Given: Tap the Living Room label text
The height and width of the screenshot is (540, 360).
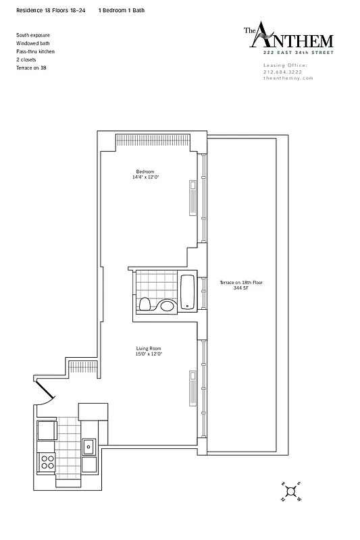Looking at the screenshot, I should pyautogui.click(x=148, y=349).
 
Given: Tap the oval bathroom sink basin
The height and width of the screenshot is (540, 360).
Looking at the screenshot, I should pyautogui.click(x=167, y=306).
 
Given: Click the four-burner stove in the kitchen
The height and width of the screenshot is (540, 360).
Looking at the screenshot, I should pyautogui.click(x=48, y=462).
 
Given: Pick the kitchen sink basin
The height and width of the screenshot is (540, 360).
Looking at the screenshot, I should pyautogui.click(x=88, y=447).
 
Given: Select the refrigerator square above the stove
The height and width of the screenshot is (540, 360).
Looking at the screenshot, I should pyautogui.click(x=47, y=429).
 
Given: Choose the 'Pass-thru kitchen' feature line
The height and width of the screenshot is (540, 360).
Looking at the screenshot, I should pyautogui.click(x=36, y=51).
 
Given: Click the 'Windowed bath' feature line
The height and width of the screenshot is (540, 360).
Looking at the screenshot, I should pyautogui.click(x=32, y=43).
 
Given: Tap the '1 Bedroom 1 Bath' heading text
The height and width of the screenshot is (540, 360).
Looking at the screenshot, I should pyautogui.click(x=121, y=11).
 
